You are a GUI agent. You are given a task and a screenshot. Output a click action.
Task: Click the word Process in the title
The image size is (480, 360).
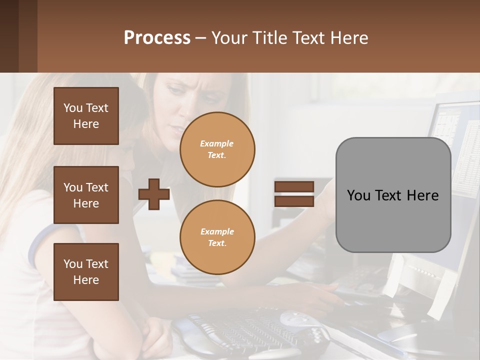(x=157, y=38)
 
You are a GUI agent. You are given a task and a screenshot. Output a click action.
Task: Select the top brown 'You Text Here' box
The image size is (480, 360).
(x=86, y=116)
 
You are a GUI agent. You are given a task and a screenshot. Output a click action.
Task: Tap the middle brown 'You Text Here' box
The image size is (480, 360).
(x=86, y=195)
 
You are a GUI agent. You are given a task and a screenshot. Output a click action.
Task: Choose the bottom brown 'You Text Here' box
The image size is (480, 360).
(x=86, y=272)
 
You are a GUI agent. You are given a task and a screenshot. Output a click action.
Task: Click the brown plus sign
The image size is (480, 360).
(x=154, y=194)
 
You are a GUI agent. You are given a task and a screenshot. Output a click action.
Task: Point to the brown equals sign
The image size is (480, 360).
(x=294, y=194)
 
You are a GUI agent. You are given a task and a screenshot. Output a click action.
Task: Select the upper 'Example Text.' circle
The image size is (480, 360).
(x=217, y=149)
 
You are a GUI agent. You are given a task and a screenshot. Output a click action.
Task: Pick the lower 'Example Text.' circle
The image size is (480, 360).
(x=217, y=237)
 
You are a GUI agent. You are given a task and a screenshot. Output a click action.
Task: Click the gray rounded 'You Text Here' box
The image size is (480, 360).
(x=393, y=195)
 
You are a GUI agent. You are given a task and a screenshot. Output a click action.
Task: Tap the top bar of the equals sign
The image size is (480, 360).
(x=294, y=186)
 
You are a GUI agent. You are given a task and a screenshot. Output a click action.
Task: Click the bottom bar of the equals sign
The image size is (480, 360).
(x=294, y=201)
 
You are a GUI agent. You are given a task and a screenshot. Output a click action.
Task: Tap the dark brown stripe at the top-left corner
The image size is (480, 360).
(x=9, y=36)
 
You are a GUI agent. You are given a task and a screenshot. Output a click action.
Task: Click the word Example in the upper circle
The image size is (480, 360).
(x=217, y=143)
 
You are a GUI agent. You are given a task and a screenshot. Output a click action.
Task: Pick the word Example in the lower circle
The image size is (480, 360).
(x=217, y=231)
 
